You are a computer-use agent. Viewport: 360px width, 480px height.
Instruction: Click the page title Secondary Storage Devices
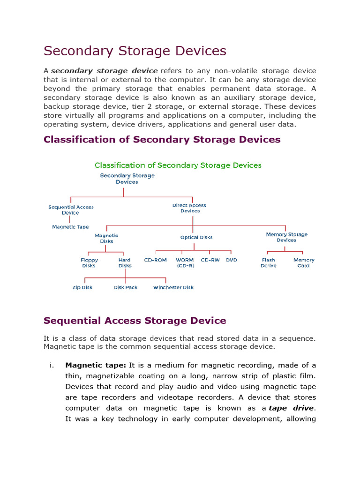coord(135,51)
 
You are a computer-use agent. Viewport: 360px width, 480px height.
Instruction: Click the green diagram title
coord(178,165)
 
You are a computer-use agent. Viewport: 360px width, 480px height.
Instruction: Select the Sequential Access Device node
coord(71,210)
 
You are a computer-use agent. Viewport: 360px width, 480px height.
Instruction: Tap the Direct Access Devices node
coord(190,208)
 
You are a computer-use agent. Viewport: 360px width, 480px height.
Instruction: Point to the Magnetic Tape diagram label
coord(70,227)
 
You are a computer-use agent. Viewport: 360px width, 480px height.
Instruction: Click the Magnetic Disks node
coord(106,239)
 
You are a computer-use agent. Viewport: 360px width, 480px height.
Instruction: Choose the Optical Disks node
coord(196,237)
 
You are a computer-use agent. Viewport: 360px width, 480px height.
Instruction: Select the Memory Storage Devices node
coord(286,237)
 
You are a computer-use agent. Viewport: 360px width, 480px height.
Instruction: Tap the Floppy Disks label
coord(89,262)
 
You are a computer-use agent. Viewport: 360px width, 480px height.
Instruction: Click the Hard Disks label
coord(125,262)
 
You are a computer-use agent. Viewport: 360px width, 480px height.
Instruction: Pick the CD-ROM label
coord(155,260)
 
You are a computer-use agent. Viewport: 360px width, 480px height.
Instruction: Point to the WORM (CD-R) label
coord(185,262)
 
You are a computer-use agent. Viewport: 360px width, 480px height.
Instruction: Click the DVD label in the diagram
coord(232,260)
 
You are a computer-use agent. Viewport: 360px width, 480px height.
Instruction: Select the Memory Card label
coord(304,262)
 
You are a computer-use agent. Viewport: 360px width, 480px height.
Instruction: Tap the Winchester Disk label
coord(173,287)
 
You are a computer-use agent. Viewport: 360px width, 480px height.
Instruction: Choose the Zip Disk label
coord(82,287)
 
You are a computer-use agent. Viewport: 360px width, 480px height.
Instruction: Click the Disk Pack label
coord(126,287)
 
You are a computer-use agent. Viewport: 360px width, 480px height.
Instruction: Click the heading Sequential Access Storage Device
coord(135,321)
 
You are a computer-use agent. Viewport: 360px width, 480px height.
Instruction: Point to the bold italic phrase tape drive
coord(291,408)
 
